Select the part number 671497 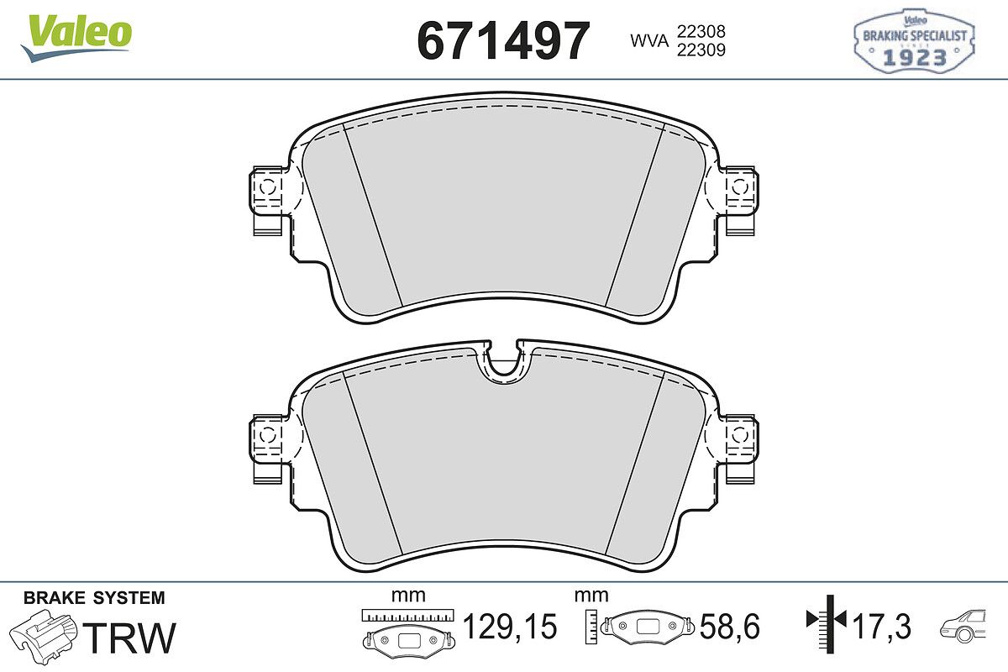pyautogui.click(x=503, y=40)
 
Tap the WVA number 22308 pyautogui.click(x=701, y=31)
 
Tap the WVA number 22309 pyautogui.click(x=701, y=50)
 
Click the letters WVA pyautogui.click(x=649, y=41)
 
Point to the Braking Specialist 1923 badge pyautogui.click(x=915, y=41)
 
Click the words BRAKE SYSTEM pyautogui.click(x=94, y=598)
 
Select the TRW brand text pyautogui.click(x=129, y=638)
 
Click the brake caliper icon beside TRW pyautogui.click(x=43, y=636)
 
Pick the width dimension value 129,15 pyautogui.click(x=510, y=627)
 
